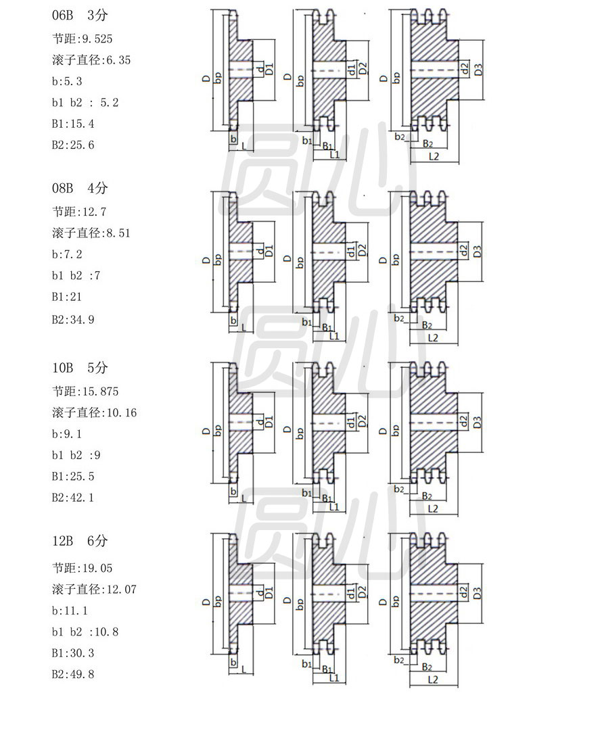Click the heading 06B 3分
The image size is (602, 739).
pos(80,15)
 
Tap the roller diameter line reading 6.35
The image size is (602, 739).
pos(91,60)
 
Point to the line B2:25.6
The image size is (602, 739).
pos(73,145)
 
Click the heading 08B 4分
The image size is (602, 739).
pos(80,188)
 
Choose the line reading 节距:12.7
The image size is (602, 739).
pos(76,212)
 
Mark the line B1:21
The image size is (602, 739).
pos(67,296)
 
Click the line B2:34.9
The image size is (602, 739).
pos(73,320)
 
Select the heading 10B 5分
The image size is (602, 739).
pos(80,368)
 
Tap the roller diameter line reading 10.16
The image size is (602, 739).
pos(94,412)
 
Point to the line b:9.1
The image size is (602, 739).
pos(67,433)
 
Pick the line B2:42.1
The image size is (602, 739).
pos(73,497)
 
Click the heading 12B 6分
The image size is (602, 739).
pos(80,541)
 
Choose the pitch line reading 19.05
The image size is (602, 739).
pos(82,568)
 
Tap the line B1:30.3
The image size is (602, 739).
pos(73,652)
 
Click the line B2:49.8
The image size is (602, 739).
pos(73,674)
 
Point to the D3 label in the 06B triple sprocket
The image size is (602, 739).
pos(478,70)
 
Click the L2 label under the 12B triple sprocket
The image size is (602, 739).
pos(433,680)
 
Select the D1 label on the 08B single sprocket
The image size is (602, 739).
pos(269,251)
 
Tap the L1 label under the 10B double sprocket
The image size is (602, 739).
pos(334,507)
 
